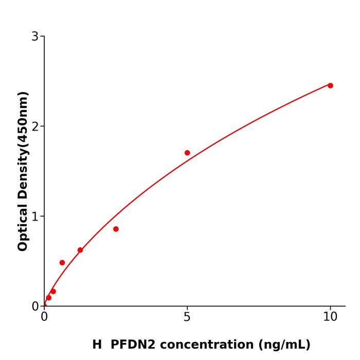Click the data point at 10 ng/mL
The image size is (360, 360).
(x=330, y=85)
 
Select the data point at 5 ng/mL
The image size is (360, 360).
(x=187, y=153)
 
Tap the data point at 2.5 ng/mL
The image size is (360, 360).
(x=116, y=229)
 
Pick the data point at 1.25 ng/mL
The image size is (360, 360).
(x=80, y=250)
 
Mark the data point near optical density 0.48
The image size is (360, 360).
(x=62, y=263)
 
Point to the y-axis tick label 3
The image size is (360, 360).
(x=35, y=36)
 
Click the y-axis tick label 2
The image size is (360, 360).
(x=35, y=126)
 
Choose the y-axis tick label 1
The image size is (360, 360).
(x=35, y=216)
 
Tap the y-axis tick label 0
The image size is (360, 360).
(x=35, y=306)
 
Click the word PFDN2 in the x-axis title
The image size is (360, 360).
(x=133, y=345)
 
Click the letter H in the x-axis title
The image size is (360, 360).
(x=97, y=345)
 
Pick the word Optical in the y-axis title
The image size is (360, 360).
(x=23, y=226)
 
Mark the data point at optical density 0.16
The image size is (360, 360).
(x=53, y=292)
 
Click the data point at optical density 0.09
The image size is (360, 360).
(x=48, y=298)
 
